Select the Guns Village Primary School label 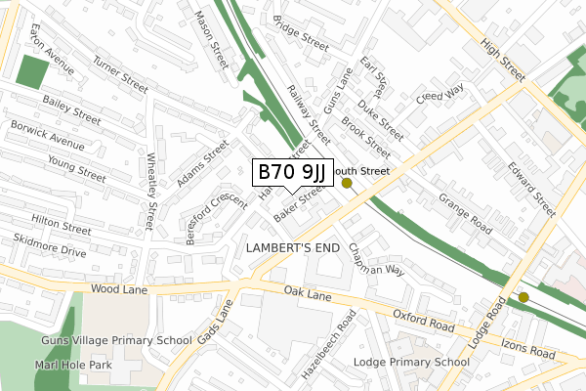(116, 340)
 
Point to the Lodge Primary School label (425, 362)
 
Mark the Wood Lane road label (117, 290)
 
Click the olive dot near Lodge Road (523, 297)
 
